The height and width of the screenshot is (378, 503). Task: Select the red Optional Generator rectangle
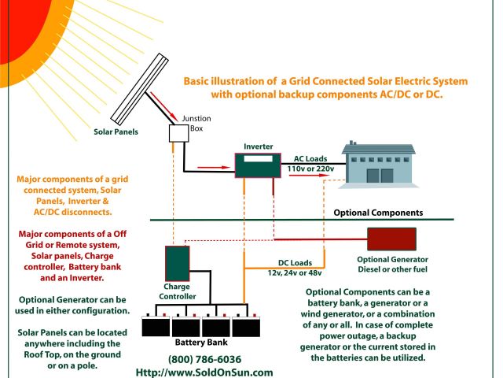point(391,239)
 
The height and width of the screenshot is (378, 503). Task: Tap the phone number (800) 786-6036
point(204,359)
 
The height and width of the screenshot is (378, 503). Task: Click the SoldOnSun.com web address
point(204,372)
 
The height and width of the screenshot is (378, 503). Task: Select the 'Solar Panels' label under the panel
point(116,132)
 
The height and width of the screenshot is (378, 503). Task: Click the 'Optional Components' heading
point(379,213)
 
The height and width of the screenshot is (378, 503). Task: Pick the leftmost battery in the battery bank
point(155,326)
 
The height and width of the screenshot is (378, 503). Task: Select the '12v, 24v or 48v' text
point(294,273)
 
